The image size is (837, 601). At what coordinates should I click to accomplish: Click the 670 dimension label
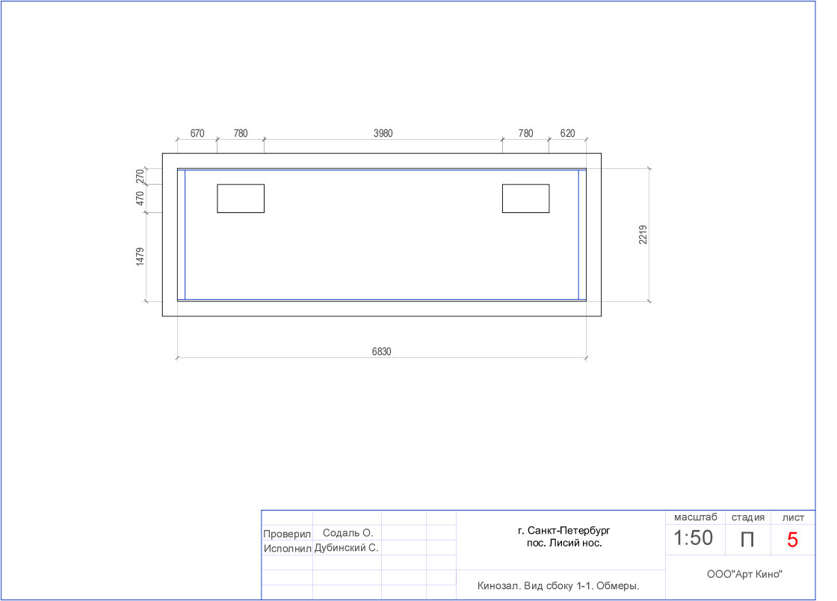point(197,134)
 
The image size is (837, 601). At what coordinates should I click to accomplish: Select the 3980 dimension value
point(383,134)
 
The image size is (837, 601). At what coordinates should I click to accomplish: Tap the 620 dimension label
point(567,134)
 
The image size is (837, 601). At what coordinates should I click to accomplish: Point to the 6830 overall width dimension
point(382,352)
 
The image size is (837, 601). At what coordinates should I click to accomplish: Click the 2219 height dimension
point(643,235)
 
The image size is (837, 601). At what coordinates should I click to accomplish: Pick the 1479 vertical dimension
point(140,256)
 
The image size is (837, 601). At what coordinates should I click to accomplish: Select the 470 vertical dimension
point(140,199)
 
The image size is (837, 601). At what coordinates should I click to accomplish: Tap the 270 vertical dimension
point(140,176)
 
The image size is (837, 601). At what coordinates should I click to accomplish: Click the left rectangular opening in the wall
point(241,199)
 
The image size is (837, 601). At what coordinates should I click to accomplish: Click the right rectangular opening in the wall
point(526,199)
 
